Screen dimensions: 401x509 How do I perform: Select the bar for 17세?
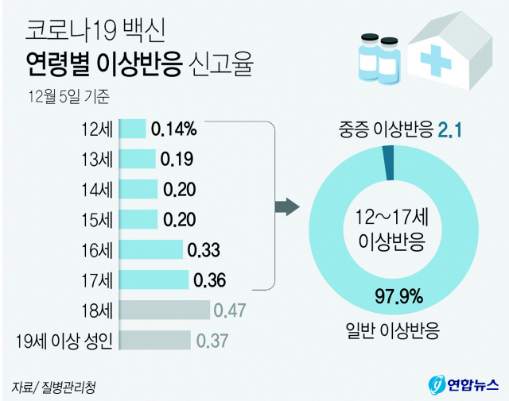click(157, 280)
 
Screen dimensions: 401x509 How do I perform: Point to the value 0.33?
click(204, 250)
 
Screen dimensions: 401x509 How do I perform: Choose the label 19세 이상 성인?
click(67, 341)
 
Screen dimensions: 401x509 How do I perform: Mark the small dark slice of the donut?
click(387, 164)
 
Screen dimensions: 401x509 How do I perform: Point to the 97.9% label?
click(398, 298)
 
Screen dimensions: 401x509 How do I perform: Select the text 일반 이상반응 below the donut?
click(398, 328)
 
